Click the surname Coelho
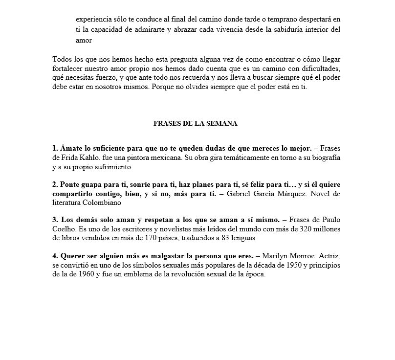[x=65, y=230]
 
